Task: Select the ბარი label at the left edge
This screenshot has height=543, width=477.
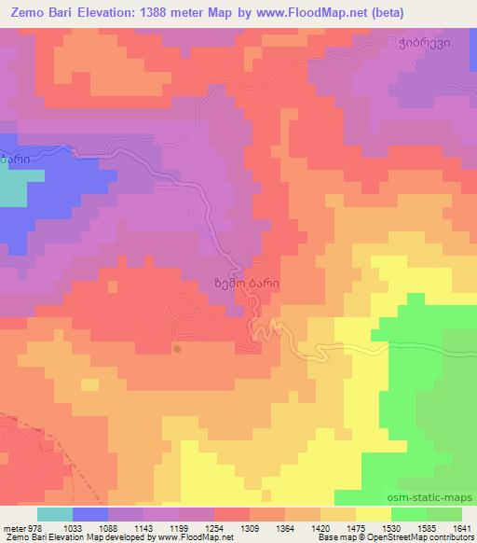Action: (x=20, y=160)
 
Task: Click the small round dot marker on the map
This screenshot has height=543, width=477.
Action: (x=177, y=349)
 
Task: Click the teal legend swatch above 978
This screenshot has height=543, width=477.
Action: (x=54, y=514)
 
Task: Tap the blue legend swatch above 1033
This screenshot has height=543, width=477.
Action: (x=89, y=514)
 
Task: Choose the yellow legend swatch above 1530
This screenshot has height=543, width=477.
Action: (x=373, y=514)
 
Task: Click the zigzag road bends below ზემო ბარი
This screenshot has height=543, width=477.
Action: (x=267, y=328)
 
